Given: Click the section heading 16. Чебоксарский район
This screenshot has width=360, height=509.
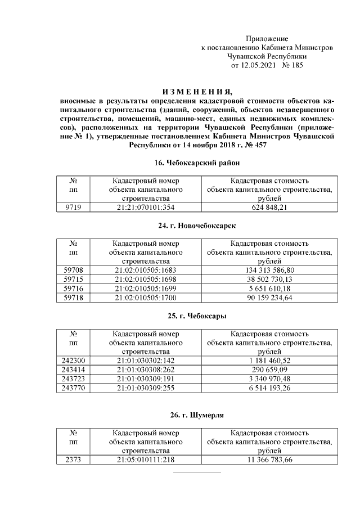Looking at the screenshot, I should [x=197, y=163].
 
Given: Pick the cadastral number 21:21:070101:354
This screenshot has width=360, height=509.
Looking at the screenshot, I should [x=146, y=208].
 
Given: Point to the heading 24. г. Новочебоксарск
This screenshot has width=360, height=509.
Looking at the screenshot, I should [x=197, y=226].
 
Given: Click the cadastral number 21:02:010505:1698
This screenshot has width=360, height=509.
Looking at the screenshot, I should [x=146, y=279].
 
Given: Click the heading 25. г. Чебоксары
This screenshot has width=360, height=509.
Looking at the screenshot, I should [x=197, y=316].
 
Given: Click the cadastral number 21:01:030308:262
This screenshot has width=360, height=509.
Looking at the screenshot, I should [x=146, y=370].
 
